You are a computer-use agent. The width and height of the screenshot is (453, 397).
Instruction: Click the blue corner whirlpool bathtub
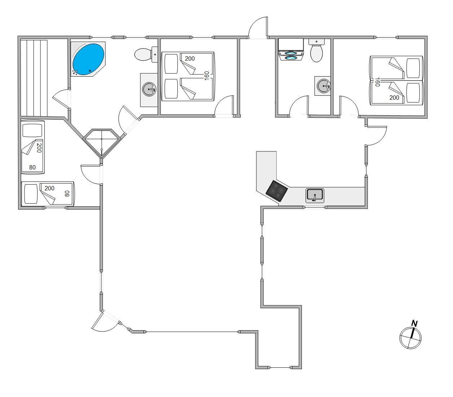point(88,59)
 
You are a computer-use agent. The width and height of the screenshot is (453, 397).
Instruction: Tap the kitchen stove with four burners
point(277,191)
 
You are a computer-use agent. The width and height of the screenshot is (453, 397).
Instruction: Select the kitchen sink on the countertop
point(315,195)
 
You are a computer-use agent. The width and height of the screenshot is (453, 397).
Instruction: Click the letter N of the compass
point(414,323)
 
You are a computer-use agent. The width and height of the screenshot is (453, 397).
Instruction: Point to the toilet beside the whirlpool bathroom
point(146,54)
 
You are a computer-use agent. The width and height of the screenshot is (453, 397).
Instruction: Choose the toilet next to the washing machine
point(317,51)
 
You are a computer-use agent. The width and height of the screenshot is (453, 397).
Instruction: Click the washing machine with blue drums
point(291,50)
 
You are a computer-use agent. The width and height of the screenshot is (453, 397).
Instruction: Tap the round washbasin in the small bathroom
point(323,86)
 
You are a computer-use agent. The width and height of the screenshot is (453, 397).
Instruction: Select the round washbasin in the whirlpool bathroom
point(149,89)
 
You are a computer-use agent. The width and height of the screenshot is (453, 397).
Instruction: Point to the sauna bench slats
point(34,78)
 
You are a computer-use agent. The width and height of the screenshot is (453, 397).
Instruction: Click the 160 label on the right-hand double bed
point(377,82)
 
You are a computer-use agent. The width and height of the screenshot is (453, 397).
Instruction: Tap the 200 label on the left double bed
point(190,59)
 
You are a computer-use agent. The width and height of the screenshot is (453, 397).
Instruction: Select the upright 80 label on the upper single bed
point(32,167)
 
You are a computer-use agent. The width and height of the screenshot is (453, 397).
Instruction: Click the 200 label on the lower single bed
point(49,188)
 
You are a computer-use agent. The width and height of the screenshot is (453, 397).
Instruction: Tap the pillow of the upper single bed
point(32,130)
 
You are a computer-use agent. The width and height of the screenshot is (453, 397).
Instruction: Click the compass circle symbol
point(410,338)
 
